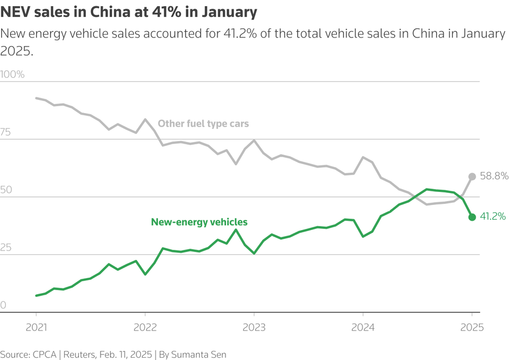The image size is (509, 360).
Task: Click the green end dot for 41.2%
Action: pos(472,217)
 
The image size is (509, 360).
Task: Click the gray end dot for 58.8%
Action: pos(472,177)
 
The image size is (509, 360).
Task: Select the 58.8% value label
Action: pos(493,177)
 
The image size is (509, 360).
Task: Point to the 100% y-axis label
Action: pos(12,74)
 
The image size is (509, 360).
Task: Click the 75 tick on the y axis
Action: pos(6,132)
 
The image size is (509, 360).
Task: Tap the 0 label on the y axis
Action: pos(3,305)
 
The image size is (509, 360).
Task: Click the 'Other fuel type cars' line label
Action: pos(203,124)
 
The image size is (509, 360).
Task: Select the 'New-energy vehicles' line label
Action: pos(199,222)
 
